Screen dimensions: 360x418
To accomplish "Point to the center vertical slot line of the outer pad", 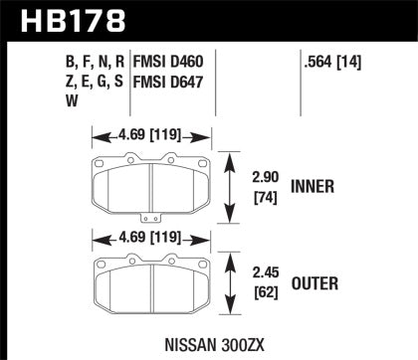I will (150, 286).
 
